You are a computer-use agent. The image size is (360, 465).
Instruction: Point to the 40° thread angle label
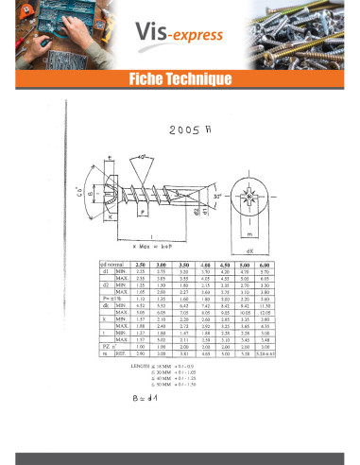(x=141, y=156)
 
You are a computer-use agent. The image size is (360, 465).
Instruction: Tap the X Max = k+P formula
(x=163, y=245)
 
